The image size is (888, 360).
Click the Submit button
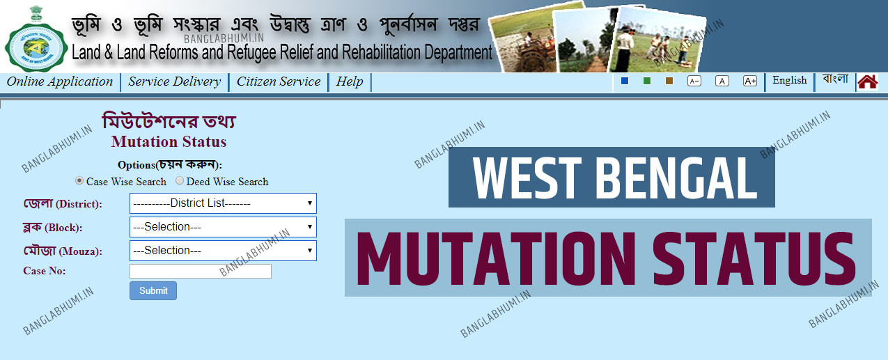click(153, 290)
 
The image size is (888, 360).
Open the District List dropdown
click(223, 203)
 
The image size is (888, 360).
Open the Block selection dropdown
click(223, 227)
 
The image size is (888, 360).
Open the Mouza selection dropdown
click(223, 251)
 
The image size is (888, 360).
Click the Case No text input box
click(200, 271)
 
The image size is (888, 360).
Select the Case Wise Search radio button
click(79, 181)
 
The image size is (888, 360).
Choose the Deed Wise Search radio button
click(180, 181)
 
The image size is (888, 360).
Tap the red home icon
click(867, 81)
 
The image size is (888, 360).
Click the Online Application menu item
click(60, 81)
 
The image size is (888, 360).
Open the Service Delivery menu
click(174, 81)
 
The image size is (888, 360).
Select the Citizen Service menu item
click(279, 81)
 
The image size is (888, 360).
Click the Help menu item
click(349, 81)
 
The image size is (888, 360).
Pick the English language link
click(789, 80)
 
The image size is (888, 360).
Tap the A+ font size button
click(749, 81)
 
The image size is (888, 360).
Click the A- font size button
click(694, 81)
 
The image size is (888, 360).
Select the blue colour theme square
click(624, 81)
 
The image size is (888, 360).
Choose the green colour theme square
click(646, 81)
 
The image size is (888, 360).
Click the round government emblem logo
click(36, 47)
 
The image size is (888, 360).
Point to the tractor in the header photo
click(529, 54)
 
